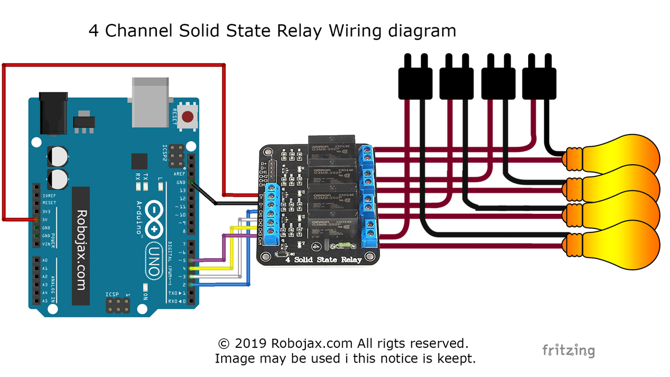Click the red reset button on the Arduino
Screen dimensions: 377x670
pyautogui.click(x=188, y=117)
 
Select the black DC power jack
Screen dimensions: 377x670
pyautogui.click(x=55, y=114)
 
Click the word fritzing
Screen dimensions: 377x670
pyautogui.click(x=568, y=350)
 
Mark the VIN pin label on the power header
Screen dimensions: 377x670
pyautogui.click(x=46, y=244)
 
